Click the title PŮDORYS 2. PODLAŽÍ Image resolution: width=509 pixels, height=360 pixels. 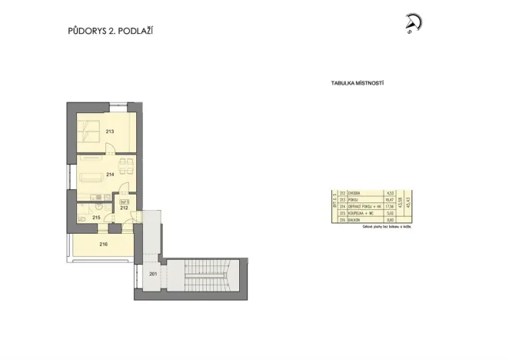pos(115,32)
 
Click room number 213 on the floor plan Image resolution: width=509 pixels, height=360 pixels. pos(110,132)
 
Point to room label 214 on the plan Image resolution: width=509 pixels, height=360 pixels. pos(110,175)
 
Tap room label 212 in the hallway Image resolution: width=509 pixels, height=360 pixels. pos(123,208)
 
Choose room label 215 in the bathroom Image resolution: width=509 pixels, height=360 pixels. pos(96,218)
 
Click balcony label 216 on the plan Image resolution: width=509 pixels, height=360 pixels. pos(103,244)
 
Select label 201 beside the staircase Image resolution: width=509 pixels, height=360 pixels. pos(152,275)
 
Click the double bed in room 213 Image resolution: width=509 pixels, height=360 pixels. pos(88,132)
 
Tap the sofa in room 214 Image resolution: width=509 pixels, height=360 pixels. pos(89,176)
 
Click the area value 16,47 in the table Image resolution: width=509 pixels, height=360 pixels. pos(389,199)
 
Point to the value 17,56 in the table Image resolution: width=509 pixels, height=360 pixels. pos(389,206)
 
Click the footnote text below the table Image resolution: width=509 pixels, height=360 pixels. pos(381,227)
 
